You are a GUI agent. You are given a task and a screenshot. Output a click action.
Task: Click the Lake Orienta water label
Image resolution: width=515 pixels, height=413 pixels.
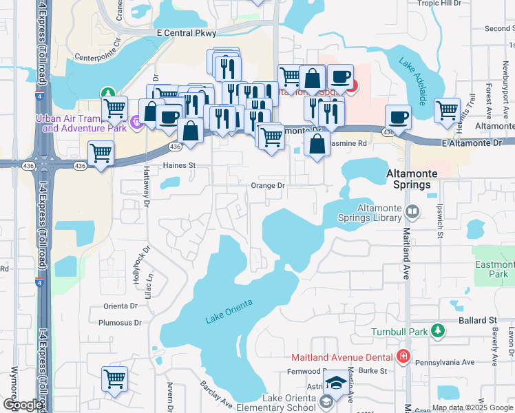[229, 311]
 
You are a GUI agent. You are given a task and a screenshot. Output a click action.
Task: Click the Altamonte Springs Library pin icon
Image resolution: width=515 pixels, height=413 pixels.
[412, 211]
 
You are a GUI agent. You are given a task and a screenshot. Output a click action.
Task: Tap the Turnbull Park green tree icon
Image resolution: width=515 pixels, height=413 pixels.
[437, 332]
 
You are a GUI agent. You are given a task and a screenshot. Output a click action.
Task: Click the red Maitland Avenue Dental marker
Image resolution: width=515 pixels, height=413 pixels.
[403, 357]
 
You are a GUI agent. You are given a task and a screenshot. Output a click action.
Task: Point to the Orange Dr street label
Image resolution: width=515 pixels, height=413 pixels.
[267, 186]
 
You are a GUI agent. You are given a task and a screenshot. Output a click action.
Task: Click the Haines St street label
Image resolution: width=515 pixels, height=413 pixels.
[179, 166]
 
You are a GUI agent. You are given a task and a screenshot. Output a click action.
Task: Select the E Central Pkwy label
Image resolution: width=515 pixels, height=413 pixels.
[186, 33]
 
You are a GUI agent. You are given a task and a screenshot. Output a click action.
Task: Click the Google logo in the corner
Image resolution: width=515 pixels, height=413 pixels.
[23, 404]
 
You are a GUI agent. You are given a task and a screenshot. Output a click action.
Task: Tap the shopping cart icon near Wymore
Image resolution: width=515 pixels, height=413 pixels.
[114, 378]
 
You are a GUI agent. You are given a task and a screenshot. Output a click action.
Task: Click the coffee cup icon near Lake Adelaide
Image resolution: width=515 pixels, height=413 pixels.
[398, 117]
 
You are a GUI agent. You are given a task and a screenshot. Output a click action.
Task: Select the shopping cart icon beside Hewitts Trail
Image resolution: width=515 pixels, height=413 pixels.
[447, 109]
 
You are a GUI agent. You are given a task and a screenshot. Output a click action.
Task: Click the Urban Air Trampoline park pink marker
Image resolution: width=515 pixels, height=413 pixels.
[136, 123]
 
